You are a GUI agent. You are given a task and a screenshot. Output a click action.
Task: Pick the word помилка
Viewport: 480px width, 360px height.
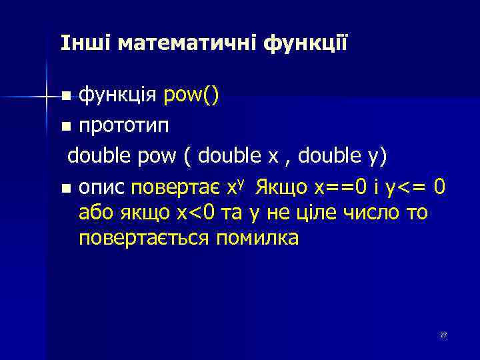(257, 238)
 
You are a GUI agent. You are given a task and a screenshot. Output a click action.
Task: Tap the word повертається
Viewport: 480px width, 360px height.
(144, 238)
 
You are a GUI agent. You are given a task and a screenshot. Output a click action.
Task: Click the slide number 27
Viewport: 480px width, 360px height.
(443, 335)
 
